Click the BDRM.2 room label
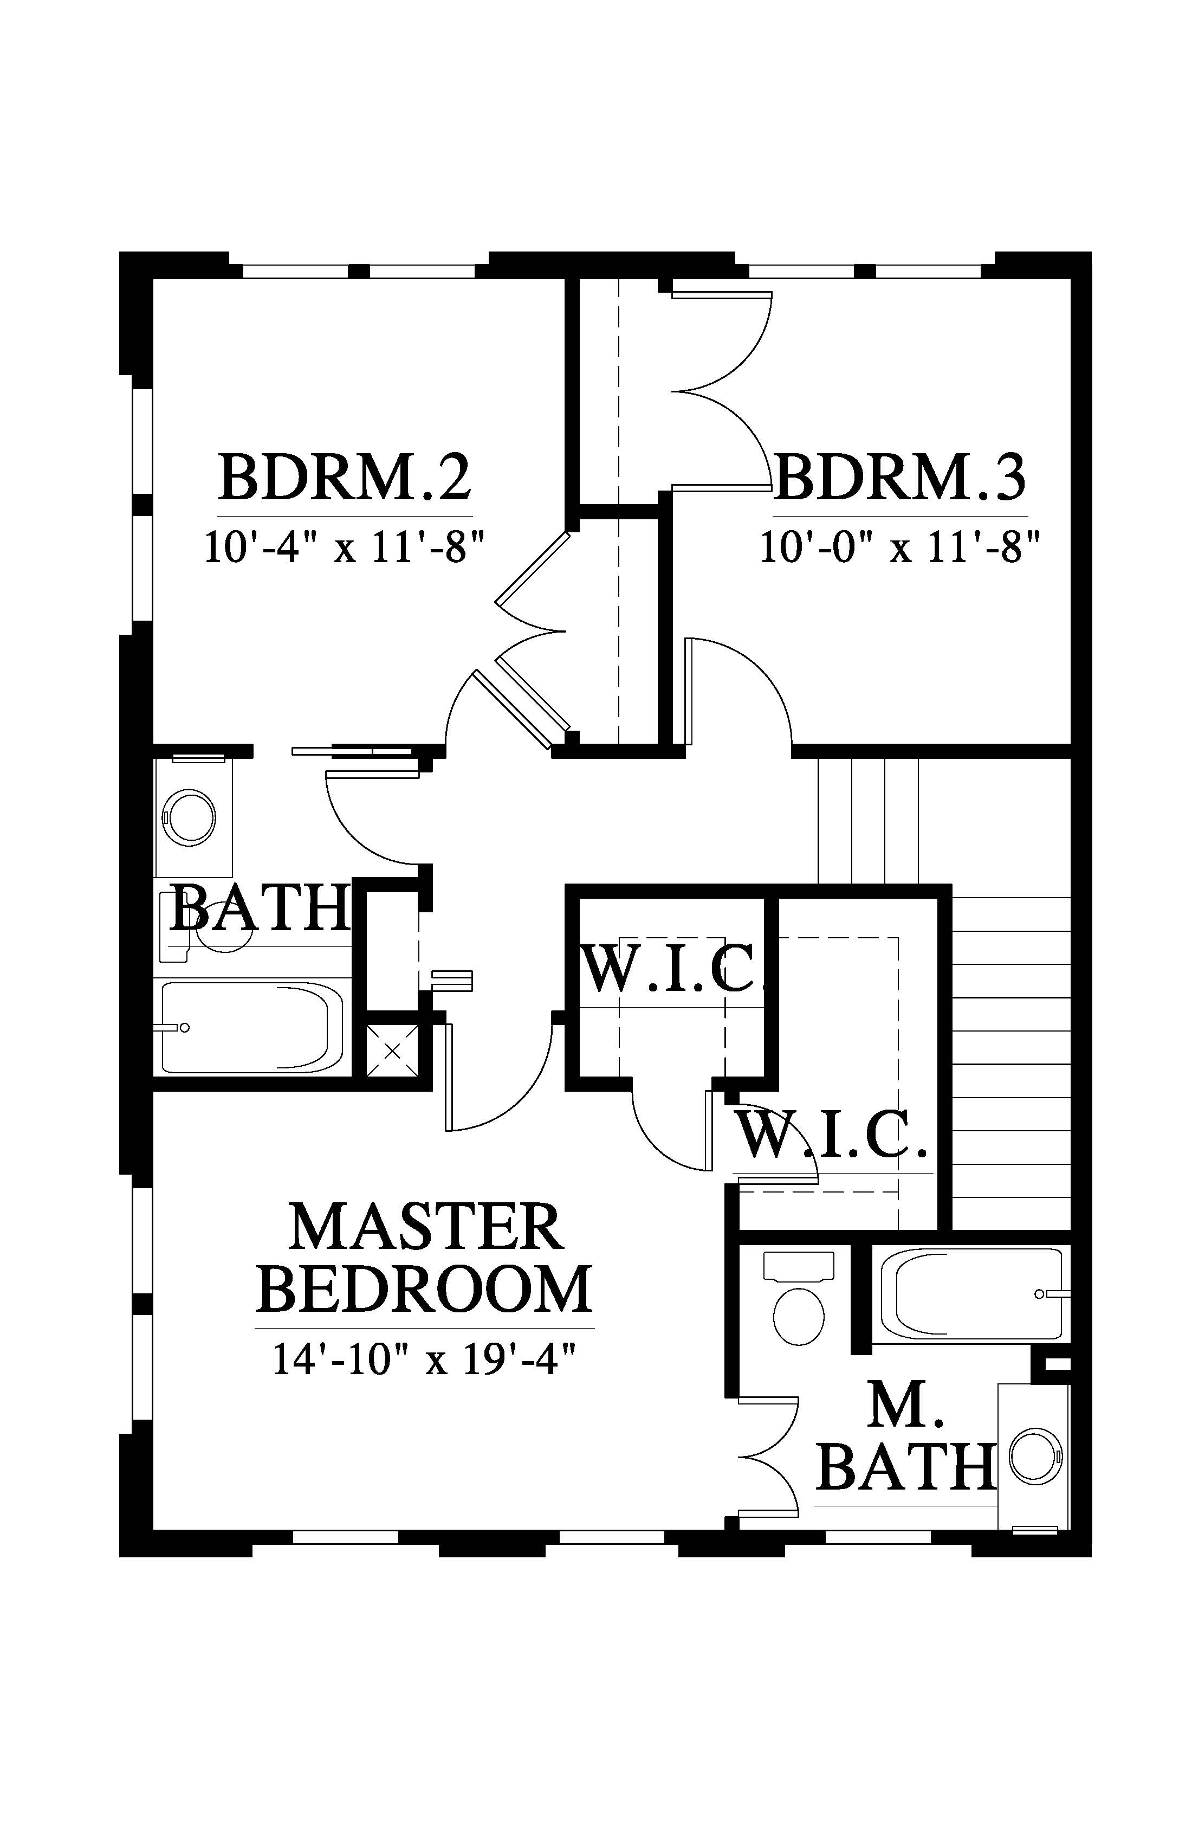(345, 477)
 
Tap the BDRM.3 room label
(900, 477)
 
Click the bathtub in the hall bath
(252, 1027)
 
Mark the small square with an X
(392, 1050)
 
